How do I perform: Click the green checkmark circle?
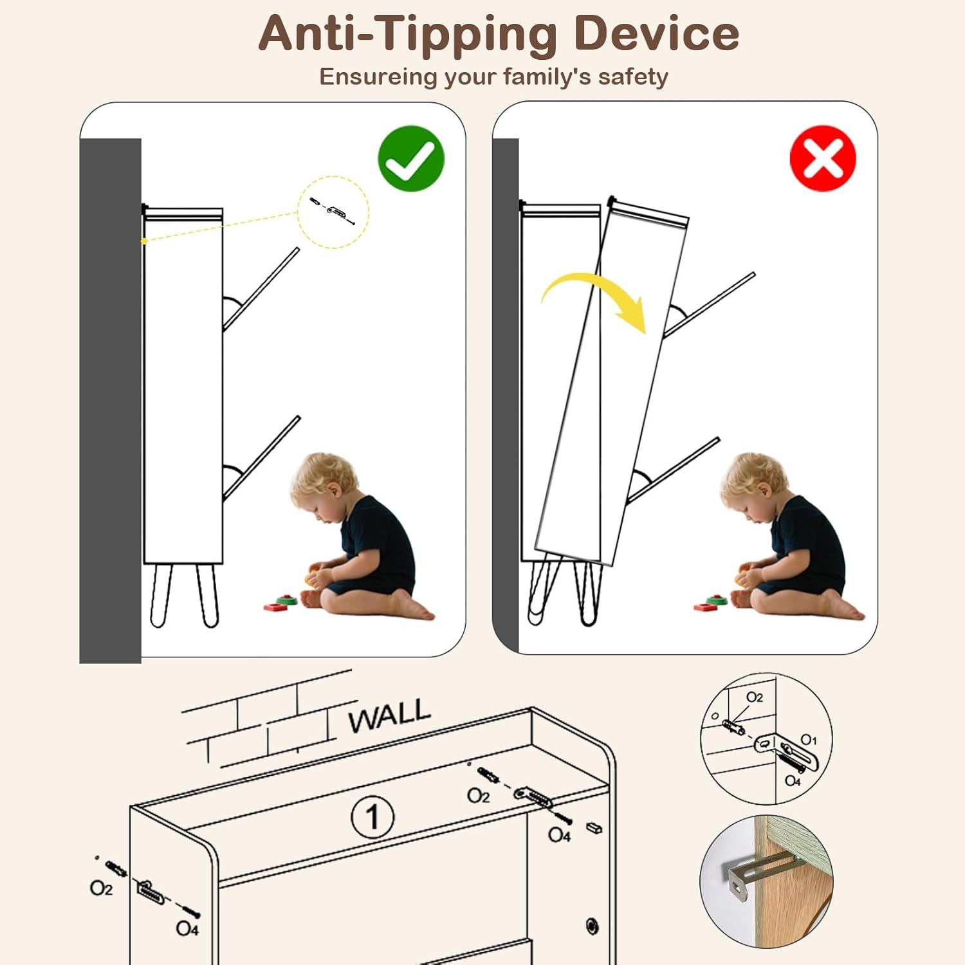[411, 158]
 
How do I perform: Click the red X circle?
[823, 158]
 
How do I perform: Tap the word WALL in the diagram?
[389, 715]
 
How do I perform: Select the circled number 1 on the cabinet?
[372, 817]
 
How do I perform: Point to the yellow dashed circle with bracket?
[333, 212]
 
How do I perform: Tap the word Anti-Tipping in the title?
[408, 34]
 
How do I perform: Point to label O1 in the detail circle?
[809, 740]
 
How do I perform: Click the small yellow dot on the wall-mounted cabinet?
[144, 241]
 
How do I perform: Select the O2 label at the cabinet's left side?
[101, 888]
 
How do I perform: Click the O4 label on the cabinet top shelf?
[559, 835]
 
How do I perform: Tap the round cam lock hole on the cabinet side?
[593, 926]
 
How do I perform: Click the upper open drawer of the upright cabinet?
[261, 289]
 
